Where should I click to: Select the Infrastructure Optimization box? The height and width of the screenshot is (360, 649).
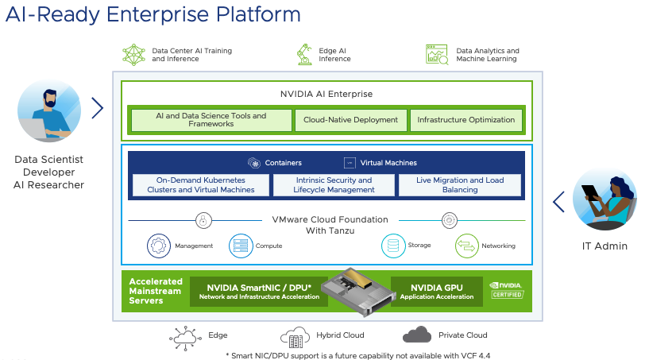tap(466, 120)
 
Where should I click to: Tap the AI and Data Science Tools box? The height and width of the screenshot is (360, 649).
tap(211, 120)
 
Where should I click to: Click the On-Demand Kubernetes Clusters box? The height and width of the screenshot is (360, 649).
tap(200, 185)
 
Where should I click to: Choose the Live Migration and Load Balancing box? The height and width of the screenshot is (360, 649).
tap(460, 185)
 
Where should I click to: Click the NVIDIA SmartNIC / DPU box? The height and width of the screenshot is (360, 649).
tap(258, 292)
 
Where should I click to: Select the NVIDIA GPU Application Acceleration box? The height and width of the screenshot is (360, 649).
tap(437, 292)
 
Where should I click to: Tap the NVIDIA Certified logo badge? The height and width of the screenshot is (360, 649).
tap(506, 290)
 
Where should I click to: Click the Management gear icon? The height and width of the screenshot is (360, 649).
tap(159, 246)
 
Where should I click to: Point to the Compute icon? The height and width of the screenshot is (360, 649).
tap(240, 246)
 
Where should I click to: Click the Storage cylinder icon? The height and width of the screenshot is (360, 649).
tap(393, 246)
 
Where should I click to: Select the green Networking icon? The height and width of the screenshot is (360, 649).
tap(466, 246)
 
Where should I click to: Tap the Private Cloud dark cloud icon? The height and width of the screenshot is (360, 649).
tap(416, 335)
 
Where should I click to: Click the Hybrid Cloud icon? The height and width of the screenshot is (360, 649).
tap(294, 337)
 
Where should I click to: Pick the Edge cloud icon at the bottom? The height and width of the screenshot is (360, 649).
tap(185, 337)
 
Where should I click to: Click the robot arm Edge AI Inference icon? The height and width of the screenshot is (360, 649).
tap(303, 54)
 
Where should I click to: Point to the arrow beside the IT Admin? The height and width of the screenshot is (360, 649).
tap(558, 201)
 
